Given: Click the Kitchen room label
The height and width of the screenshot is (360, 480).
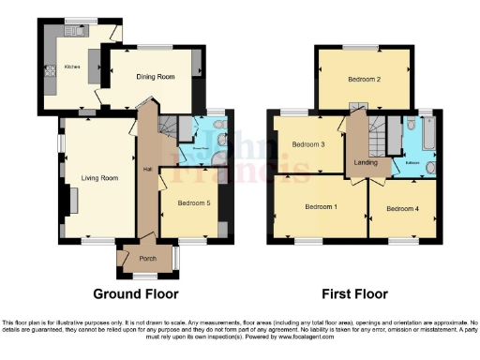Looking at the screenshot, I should point(71,67).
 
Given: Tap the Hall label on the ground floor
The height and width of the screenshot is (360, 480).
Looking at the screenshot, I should point(147,169).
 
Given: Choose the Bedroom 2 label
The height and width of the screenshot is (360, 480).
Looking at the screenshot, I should point(364,80).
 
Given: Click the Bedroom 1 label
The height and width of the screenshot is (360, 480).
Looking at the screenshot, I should point(321,206).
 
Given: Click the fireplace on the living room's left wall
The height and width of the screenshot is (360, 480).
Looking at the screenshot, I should point(71,200).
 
